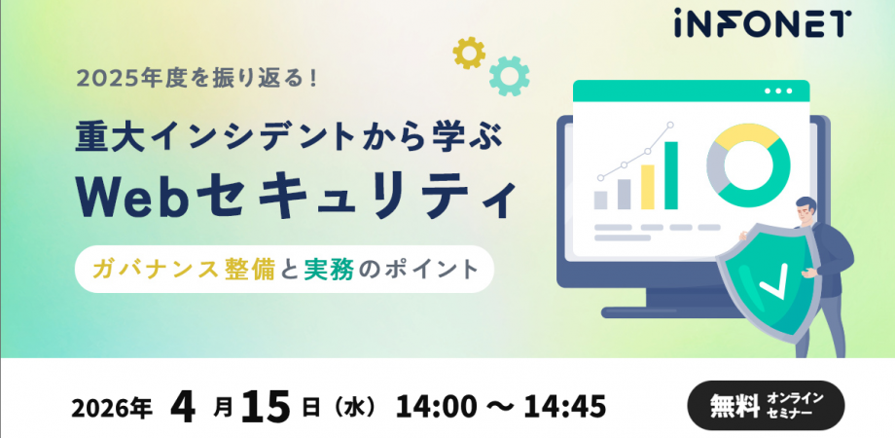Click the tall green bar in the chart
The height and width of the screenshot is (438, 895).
click(671, 175)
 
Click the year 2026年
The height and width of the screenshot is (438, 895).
click(110, 406)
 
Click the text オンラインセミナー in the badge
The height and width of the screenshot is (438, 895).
click(795, 406)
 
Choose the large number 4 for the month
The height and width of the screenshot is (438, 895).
click(183, 403)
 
